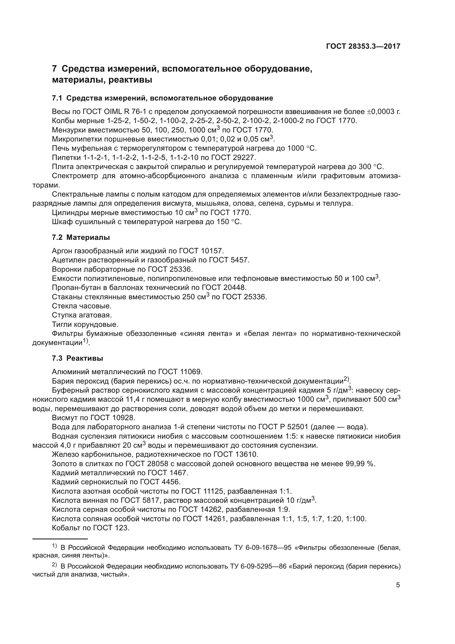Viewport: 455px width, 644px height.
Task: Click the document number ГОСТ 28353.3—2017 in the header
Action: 363,47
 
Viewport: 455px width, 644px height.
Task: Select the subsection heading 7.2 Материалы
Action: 81,238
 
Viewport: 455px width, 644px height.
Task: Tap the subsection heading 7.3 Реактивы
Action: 77,358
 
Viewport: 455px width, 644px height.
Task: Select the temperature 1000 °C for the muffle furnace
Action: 302,148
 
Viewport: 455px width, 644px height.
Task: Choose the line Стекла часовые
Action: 82,306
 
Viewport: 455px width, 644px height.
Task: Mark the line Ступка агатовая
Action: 82,315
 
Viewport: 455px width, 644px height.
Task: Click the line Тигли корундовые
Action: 85,325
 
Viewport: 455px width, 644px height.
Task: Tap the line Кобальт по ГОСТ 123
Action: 91,528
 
